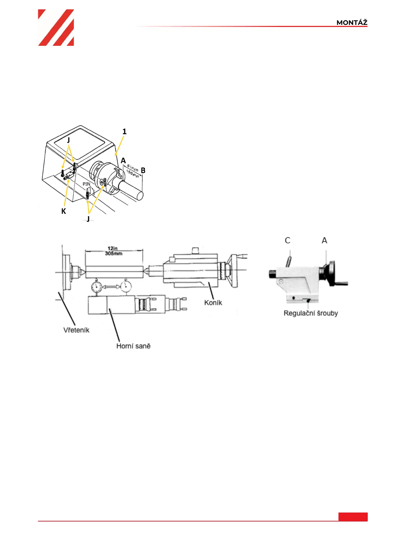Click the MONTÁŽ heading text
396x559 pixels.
click(x=352, y=23)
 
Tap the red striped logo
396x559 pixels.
click(x=56, y=28)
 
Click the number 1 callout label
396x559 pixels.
click(x=124, y=131)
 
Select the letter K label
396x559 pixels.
click(x=64, y=211)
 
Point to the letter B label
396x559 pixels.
click(x=143, y=170)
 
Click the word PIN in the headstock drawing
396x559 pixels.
click(x=86, y=184)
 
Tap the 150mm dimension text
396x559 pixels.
click(x=133, y=174)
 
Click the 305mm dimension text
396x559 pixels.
click(x=113, y=254)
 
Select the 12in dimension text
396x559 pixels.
click(x=112, y=249)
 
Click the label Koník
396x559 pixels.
click(x=213, y=303)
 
